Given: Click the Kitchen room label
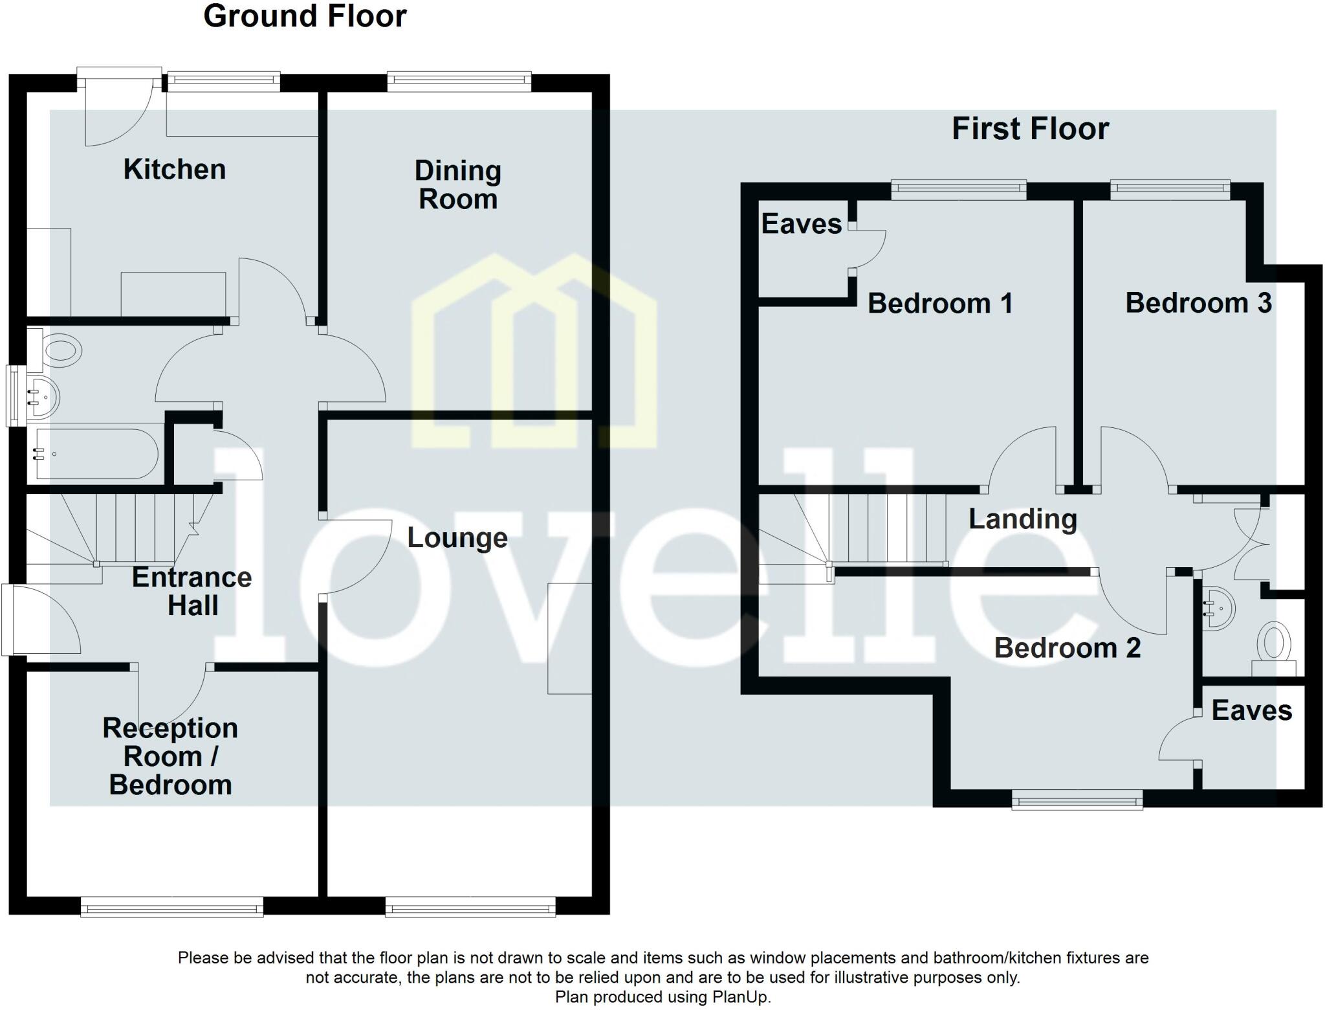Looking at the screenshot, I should (x=175, y=170).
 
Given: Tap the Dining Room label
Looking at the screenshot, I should (x=458, y=185).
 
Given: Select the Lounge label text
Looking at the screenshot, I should (x=457, y=538).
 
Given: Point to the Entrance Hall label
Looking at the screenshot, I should (x=192, y=591).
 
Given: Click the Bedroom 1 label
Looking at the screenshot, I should (x=940, y=304).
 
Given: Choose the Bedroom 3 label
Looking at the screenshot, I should (x=1198, y=303).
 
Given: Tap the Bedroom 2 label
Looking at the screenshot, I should (x=1067, y=648).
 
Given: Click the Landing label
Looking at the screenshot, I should (x=1023, y=519).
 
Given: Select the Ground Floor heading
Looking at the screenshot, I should (x=305, y=16).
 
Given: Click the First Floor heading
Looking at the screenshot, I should (x=1030, y=129).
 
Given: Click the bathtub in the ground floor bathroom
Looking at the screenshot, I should (x=97, y=454).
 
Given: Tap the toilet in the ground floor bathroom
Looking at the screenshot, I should (x=61, y=352).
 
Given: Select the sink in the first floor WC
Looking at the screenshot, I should (x=1219, y=608).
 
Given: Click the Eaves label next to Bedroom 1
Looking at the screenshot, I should (x=801, y=224).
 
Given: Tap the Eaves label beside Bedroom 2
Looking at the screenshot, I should (x=1251, y=711).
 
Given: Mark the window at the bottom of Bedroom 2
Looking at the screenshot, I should (x=1077, y=802).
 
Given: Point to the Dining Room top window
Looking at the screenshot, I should (x=459, y=80).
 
